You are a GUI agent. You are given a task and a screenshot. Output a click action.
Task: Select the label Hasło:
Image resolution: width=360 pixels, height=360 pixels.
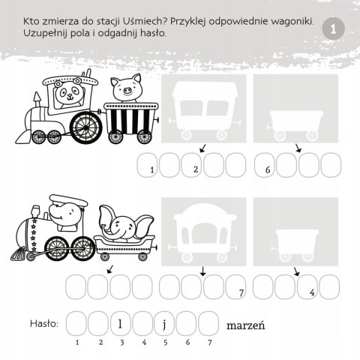coord(43,324)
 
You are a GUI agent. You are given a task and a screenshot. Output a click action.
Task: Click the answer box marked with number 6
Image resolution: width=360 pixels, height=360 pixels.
coord(266,166)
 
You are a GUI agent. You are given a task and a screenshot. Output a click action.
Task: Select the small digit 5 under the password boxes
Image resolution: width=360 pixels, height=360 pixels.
coord(165,342)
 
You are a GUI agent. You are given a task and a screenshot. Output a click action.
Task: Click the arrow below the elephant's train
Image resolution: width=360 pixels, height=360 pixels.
coord(109,268)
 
